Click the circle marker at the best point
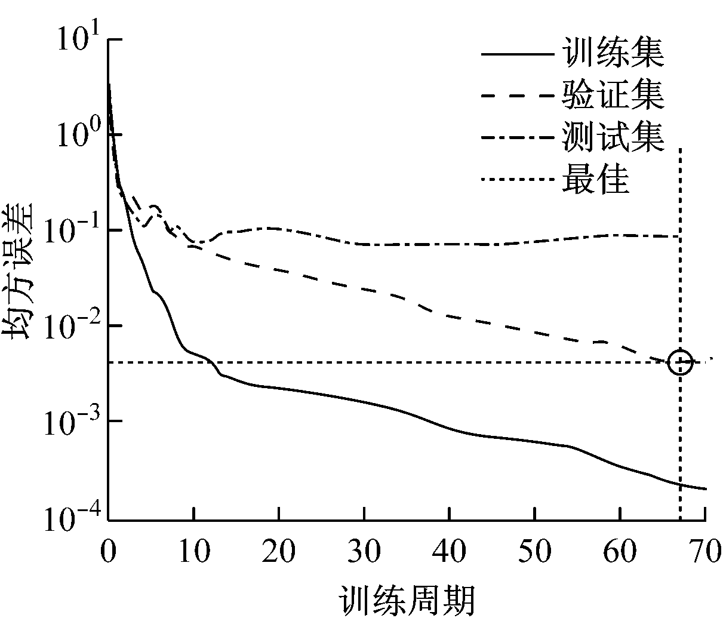click(x=680, y=362)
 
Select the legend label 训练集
click(x=613, y=54)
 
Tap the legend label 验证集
click(x=613, y=96)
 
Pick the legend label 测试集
click(x=613, y=137)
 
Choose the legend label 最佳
click(x=596, y=179)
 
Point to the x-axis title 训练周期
click(x=408, y=599)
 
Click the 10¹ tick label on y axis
click(x=75, y=41)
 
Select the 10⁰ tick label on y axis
click(x=75, y=136)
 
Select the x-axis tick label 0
click(x=108, y=552)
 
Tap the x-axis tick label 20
click(x=279, y=552)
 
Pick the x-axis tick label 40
click(x=450, y=552)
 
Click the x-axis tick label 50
click(x=535, y=552)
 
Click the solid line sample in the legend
click(x=517, y=54)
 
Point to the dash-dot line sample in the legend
click(x=517, y=137)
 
